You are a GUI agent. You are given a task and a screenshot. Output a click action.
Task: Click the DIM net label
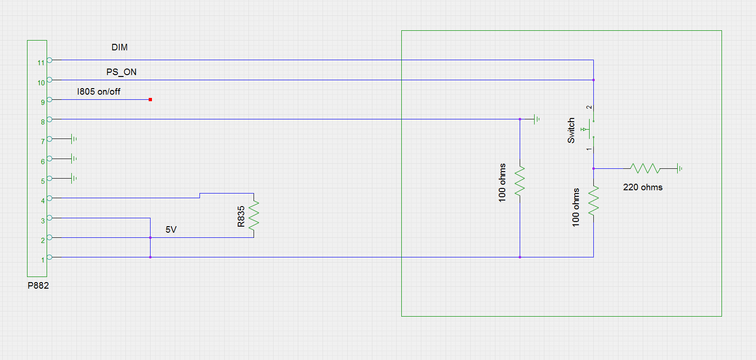tap(119, 47)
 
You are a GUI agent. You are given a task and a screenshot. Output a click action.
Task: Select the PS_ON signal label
tap(121, 72)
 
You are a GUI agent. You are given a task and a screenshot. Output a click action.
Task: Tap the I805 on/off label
tap(98, 92)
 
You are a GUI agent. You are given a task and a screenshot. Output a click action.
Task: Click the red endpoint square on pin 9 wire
tap(150, 99)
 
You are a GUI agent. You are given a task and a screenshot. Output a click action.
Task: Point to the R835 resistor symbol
tap(254, 215)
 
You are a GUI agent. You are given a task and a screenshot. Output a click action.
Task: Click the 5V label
tap(171, 229)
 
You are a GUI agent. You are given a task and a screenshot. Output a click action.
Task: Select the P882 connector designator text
tap(38, 285)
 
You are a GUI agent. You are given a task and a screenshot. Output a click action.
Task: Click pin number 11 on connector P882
tap(41, 62)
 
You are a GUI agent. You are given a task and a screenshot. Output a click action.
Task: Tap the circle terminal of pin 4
tap(49, 198)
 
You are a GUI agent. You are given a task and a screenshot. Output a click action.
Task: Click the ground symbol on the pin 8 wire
tap(536, 119)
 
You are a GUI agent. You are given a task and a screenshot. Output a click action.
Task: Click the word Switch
tap(571, 130)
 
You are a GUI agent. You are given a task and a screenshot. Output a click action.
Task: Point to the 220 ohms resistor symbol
tap(645, 168)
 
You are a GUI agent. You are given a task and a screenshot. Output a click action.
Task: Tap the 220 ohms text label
tap(643, 187)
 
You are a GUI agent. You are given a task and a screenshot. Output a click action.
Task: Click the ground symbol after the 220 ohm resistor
tap(680, 168)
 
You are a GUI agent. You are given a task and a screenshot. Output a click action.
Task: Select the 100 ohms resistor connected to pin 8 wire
tap(520, 180)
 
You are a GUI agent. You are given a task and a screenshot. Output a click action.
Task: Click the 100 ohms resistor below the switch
tap(593, 200)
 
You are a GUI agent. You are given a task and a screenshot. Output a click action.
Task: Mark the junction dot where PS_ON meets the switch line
tap(593, 80)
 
